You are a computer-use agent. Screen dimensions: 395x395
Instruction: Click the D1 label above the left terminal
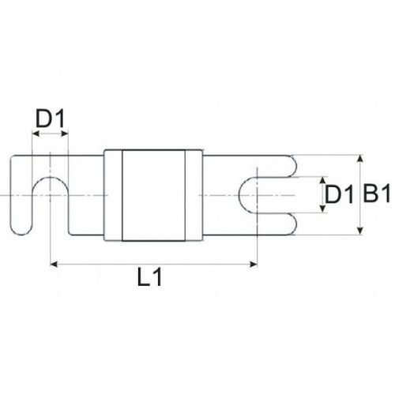(x=50, y=120)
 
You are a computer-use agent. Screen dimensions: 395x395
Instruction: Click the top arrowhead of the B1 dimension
(x=360, y=158)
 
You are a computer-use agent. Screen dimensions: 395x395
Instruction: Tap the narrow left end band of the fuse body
(x=113, y=194)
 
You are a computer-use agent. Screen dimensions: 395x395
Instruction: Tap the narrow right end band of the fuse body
(x=194, y=194)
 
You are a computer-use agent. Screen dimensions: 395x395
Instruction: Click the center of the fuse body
(x=154, y=194)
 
